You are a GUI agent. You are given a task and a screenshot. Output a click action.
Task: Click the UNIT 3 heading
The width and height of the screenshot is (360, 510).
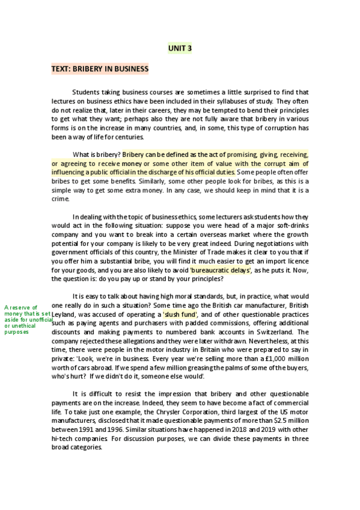[180, 48]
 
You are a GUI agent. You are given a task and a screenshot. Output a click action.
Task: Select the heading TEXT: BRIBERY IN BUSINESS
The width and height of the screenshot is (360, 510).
[100, 69]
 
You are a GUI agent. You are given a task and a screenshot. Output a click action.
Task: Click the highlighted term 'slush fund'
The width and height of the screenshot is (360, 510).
[180, 315]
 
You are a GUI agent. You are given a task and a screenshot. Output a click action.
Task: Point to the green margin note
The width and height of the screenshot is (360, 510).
[28, 319]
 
